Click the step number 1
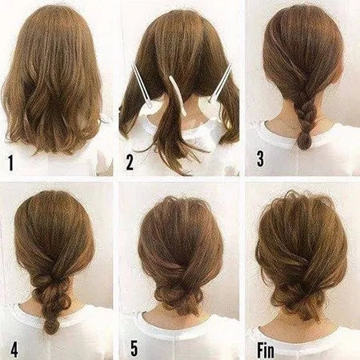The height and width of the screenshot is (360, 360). pyautogui.click(x=10, y=163)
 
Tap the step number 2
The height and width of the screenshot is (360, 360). pyautogui.click(x=130, y=162)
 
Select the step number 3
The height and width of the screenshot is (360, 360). pyautogui.click(x=260, y=158)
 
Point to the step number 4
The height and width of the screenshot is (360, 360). pyautogui.click(x=14, y=350)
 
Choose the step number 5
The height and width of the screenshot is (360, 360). pyautogui.click(x=134, y=349)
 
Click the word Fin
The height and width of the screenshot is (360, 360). pyautogui.click(x=266, y=350)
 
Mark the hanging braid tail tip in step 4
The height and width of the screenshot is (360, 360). pyautogui.click(x=50, y=327)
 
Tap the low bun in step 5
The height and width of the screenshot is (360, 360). pyautogui.click(x=178, y=300)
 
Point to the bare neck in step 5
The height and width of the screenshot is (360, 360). pyautogui.click(x=179, y=322)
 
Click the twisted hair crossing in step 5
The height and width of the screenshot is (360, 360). pyautogui.click(x=179, y=267)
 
